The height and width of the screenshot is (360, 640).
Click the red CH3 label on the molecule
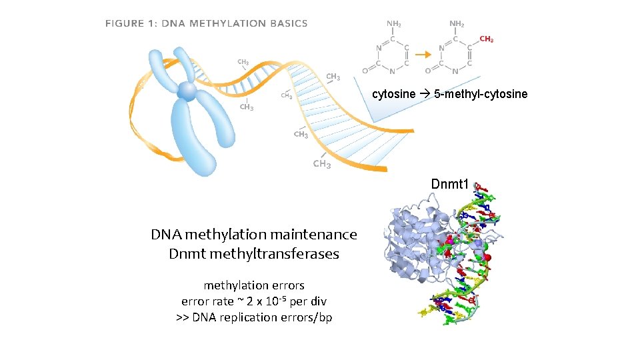tap(487, 40)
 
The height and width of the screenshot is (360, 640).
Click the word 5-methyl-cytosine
tap(481, 94)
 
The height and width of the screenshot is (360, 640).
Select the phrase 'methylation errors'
tap(254, 285)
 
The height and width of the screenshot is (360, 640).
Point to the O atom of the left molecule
tap(364, 70)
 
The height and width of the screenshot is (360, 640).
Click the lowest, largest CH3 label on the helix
tap(322, 164)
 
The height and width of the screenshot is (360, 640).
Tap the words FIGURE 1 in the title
tap(131, 23)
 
